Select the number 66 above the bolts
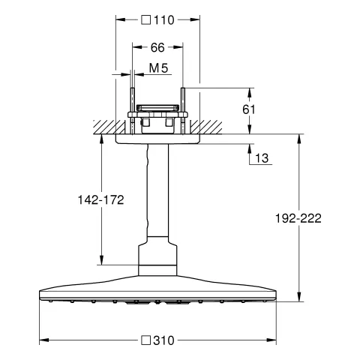click(157, 47)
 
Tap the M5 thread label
click(158, 69)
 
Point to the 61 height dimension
click(250, 109)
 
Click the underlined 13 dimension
click(262, 157)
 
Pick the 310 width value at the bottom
click(163, 340)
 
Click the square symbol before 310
click(145, 340)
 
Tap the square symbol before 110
click(145, 20)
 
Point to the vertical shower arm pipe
click(157, 191)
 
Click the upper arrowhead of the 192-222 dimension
click(301, 138)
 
